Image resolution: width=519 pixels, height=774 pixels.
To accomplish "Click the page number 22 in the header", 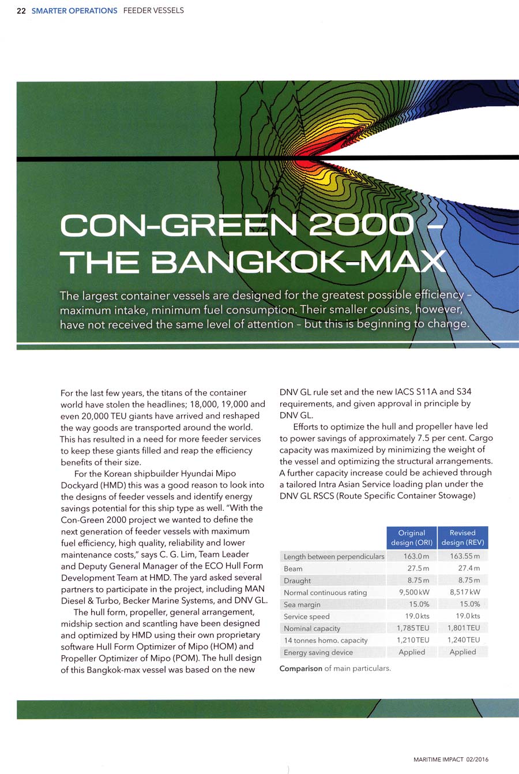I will pos(21,10).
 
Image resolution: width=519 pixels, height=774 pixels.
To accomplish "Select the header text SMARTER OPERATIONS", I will pos(74,10).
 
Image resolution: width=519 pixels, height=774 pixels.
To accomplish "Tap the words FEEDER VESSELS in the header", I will pos(153,10).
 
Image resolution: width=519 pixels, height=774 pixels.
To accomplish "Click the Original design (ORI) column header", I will pos(411,537).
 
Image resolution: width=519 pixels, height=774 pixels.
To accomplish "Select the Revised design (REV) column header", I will pos(462,537).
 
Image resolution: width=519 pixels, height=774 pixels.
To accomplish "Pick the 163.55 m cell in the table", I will pos(465,556).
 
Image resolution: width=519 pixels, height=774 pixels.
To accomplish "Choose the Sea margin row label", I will pos(302,604).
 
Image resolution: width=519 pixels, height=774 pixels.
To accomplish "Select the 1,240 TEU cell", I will pos(465,640).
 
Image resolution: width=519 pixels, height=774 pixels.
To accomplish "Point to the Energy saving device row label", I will pos(318,652).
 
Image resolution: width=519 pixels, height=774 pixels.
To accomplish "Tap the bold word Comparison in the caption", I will pos(300,669).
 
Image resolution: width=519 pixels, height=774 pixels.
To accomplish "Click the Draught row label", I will pos(298,581).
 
